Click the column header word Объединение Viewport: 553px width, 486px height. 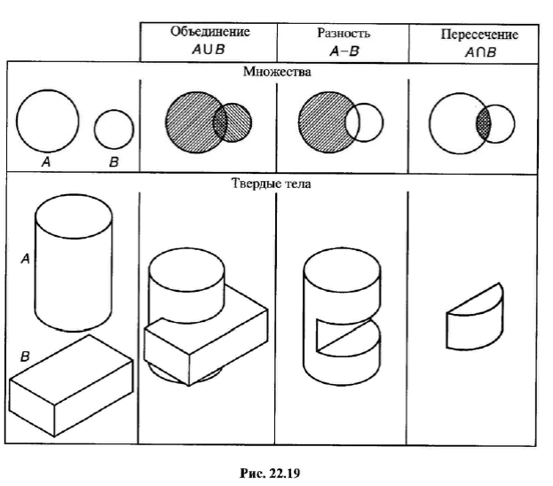[210, 32]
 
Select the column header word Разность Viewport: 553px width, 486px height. [343, 33]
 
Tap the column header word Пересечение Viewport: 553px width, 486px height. [479, 35]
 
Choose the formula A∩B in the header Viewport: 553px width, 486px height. [478, 51]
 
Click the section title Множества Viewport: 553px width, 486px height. [273, 71]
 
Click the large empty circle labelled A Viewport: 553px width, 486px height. [47, 121]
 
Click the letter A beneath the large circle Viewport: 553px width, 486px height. [44, 162]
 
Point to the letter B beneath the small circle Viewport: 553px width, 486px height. [113, 162]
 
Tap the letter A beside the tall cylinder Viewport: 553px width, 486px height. [26, 258]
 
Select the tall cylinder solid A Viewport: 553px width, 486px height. [74, 262]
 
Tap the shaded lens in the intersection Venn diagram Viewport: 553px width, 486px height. [484, 122]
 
